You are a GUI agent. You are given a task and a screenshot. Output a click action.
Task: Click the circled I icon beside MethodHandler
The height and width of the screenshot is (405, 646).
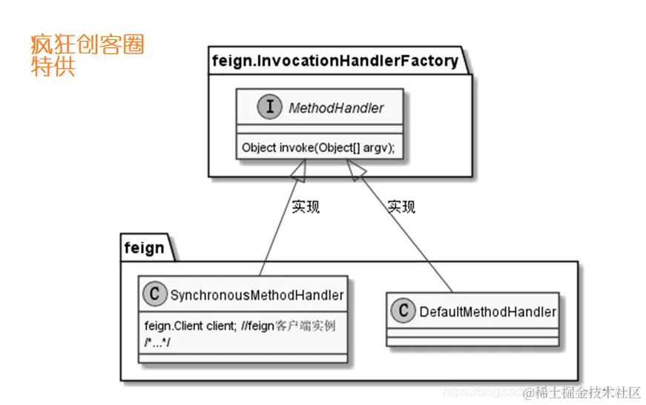[x=268, y=107]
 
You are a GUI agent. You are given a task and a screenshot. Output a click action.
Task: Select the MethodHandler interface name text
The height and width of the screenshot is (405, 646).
[x=336, y=108]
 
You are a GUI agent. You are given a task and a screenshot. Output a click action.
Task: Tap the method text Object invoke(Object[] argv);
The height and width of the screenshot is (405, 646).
[x=318, y=148]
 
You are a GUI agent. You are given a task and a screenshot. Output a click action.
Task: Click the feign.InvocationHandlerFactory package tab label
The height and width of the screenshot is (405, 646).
[x=334, y=60]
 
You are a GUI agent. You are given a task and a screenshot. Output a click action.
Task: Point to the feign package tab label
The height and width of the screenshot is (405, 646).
[x=144, y=247]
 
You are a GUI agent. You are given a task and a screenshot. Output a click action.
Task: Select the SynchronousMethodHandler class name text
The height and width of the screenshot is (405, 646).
[x=257, y=295]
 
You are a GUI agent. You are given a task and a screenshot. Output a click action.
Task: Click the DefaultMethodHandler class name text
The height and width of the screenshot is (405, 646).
[x=487, y=312]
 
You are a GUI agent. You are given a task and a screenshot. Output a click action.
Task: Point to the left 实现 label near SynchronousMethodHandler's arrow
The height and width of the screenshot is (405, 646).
[x=305, y=207]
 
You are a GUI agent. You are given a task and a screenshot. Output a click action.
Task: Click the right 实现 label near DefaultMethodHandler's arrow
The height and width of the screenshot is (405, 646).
[x=401, y=206]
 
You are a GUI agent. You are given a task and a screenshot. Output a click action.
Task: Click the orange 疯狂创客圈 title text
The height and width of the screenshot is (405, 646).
[x=87, y=45]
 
